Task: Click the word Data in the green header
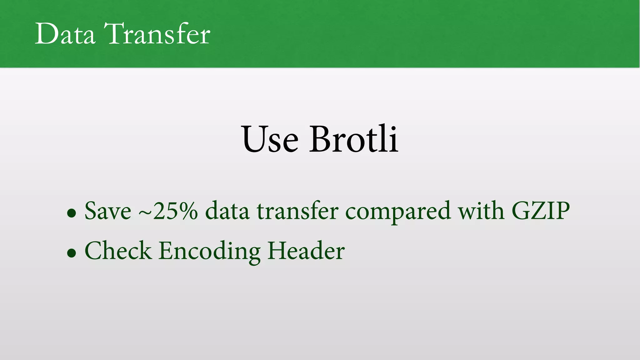coord(65,34)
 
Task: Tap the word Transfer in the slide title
coord(157,34)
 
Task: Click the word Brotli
coord(354,139)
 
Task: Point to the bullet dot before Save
coord(72,213)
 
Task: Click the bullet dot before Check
coord(72,252)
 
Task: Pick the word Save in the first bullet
coord(107,211)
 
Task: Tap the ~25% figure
coord(168,211)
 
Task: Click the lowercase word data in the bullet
coord(227,211)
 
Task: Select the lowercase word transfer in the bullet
coord(297,211)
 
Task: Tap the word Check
coord(118,251)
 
